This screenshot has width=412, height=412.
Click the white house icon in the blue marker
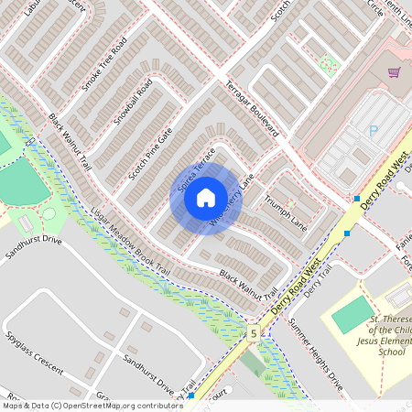coord(205,198)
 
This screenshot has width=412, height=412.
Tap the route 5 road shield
coord(252,333)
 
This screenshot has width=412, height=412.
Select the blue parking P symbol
coord(373,131)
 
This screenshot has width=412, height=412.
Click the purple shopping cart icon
coord(395,72)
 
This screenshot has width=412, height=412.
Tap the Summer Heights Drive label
coord(315,347)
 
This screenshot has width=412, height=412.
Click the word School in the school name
coord(392,351)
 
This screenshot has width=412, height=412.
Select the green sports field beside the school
coord(350,315)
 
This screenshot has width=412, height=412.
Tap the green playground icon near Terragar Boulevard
coord(328,64)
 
